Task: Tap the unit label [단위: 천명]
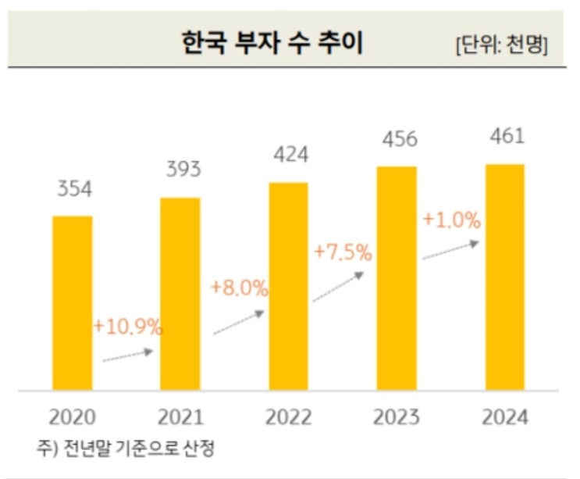point(500,45)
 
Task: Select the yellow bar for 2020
point(72,302)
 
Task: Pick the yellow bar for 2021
point(180,293)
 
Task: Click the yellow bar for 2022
point(288,285)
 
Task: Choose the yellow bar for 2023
point(397,277)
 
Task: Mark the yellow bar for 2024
point(505,277)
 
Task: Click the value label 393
point(183,170)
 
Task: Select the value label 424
point(290,154)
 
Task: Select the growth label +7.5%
point(343,252)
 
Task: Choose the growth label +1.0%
point(451,220)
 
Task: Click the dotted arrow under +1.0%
point(450,250)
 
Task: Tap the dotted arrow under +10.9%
point(128,356)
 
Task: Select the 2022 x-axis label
point(288,417)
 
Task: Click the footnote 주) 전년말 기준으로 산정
point(125,448)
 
